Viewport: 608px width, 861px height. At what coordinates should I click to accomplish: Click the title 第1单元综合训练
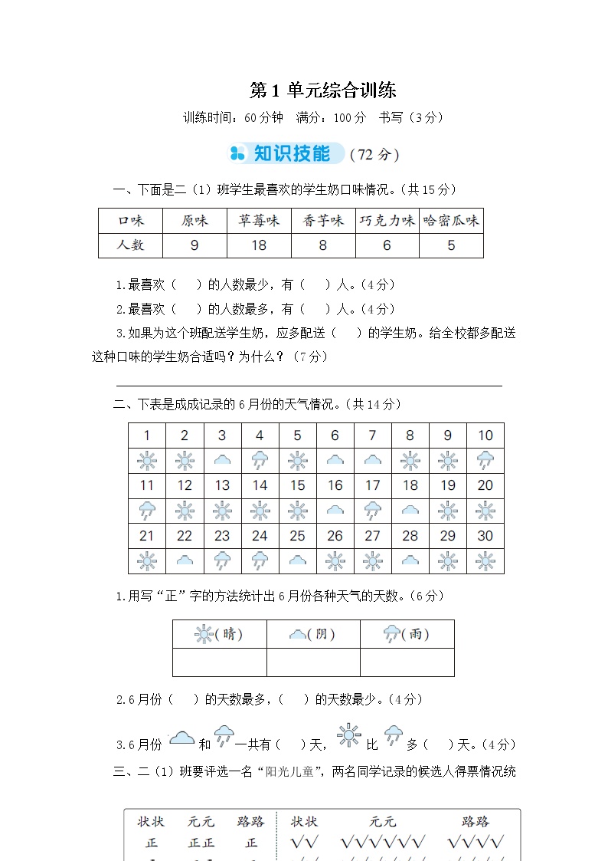pos(322,90)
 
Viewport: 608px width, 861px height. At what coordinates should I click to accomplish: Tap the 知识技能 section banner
pos(291,153)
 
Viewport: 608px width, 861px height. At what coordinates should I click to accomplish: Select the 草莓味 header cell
pos(259,221)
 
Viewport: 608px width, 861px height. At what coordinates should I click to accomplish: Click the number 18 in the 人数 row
pos(259,245)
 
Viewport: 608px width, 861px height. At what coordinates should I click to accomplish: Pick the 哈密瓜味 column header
pos(451,221)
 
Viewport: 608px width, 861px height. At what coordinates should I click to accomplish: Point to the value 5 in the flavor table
pos(451,245)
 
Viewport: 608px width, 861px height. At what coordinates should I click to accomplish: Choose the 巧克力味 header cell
pos(387,221)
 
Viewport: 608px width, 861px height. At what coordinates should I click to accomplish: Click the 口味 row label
pos(130,221)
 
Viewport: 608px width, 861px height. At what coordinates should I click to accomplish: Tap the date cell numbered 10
pos(485,435)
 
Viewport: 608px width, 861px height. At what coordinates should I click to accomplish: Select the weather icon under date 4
pos(260,460)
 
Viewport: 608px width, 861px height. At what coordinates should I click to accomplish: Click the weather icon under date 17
pos(372,510)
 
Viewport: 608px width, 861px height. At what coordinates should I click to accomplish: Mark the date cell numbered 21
pos(147,536)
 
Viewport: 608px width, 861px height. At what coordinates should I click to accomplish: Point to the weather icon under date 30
pos(485,560)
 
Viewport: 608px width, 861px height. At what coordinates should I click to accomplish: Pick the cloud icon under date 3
pos(222,460)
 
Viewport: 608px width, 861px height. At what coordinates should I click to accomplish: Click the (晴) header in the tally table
pos(219,634)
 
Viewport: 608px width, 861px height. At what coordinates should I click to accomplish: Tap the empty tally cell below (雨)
pos(407,662)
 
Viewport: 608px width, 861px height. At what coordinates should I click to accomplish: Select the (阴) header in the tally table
pos(312,634)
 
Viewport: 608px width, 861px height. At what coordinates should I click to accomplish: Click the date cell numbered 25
pos(297,536)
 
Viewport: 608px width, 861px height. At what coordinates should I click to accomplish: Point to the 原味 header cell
pos(194,221)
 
